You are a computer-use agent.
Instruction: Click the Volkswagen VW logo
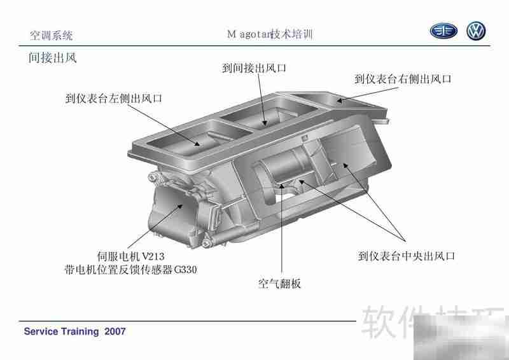tap(476, 32)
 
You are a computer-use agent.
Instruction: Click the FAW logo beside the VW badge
tap(443, 32)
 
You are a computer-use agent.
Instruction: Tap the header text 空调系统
tap(52, 35)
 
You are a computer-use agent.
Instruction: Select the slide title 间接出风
tap(53, 59)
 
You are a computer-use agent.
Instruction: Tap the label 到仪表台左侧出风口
tap(114, 99)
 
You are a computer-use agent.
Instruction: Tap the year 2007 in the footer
tap(115, 331)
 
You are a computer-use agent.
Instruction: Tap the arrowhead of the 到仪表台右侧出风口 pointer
tap(340, 100)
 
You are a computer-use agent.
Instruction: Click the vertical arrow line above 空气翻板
tap(281, 229)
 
